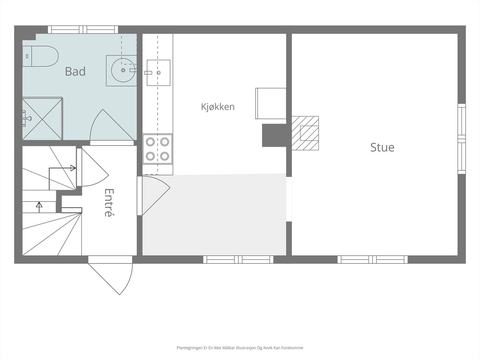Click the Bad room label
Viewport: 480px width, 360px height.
(x=75, y=71)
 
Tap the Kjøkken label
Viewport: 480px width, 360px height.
(x=218, y=107)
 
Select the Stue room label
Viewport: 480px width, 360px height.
(x=382, y=147)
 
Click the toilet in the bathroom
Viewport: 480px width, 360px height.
(x=40, y=56)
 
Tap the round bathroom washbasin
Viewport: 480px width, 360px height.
(x=123, y=70)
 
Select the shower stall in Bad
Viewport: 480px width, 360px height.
(x=42, y=118)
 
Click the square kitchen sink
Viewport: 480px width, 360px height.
(x=158, y=73)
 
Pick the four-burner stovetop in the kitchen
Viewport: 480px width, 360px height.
(x=157, y=149)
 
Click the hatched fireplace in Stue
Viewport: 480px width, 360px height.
(x=305, y=133)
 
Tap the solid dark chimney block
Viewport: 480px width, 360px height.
(x=274, y=135)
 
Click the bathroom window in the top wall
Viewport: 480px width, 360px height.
(x=83, y=29)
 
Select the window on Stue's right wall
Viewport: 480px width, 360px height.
(x=462, y=139)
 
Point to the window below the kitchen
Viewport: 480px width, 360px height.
(x=238, y=259)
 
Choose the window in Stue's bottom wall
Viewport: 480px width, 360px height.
(x=373, y=259)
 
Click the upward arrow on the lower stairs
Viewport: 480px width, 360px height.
(x=39, y=207)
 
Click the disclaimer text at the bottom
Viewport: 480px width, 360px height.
(x=240, y=348)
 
